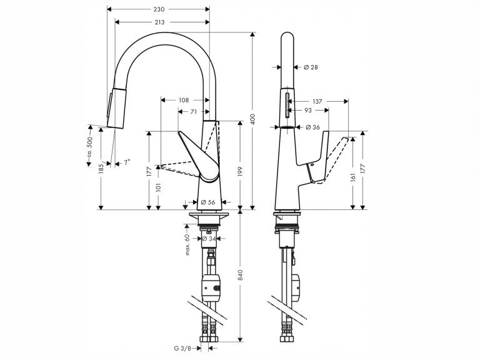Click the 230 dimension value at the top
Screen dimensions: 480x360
click(x=159, y=9)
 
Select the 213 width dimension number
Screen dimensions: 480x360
click(x=159, y=22)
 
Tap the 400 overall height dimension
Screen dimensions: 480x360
click(x=252, y=119)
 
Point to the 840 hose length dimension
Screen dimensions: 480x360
click(x=240, y=275)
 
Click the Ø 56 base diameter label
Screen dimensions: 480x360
click(x=208, y=202)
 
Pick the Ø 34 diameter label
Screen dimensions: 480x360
click(x=209, y=239)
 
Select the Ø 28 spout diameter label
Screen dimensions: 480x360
click(x=311, y=67)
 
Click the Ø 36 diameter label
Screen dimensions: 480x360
click(x=312, y=127)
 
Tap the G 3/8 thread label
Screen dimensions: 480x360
click(x=182, y=348)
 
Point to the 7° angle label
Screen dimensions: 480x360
click(x=127, y=162)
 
